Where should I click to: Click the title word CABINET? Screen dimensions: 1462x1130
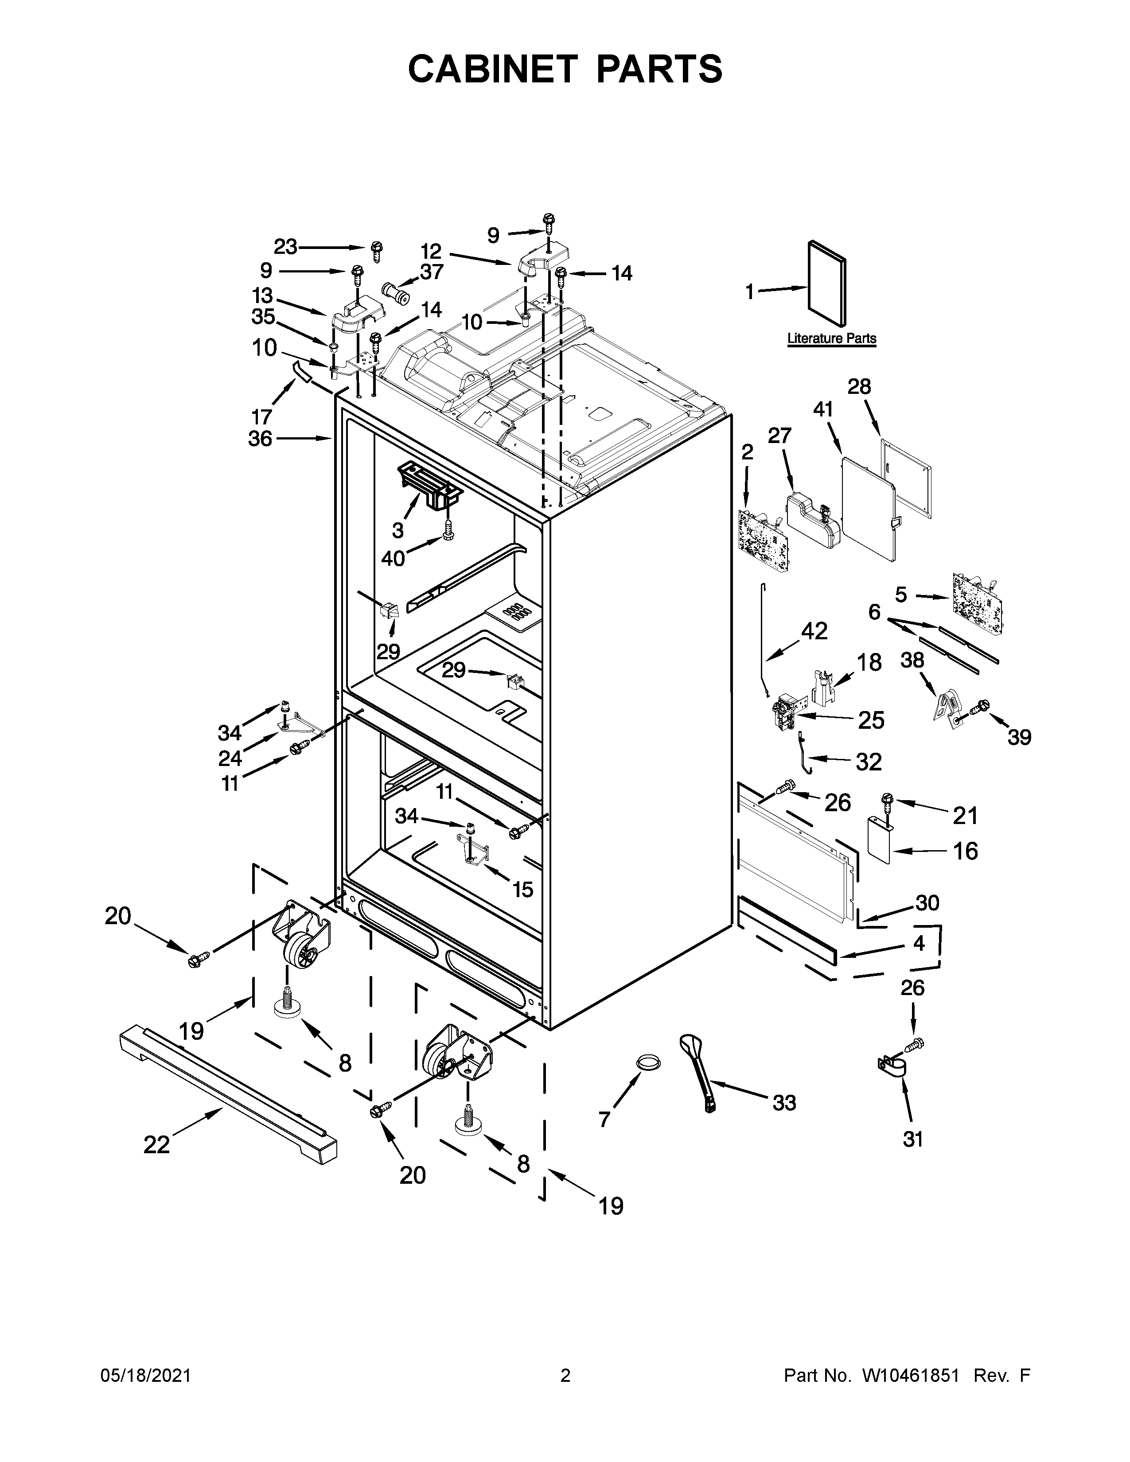coord(493,69)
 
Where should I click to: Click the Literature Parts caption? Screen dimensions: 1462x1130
coord(831,339)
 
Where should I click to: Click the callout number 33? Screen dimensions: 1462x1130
coord(784,1103)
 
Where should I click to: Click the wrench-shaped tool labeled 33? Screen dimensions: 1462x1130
coord(698,1073)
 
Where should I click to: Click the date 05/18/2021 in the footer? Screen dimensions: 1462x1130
coord(145,1375)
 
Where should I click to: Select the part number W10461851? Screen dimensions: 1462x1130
coord(911,1375)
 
